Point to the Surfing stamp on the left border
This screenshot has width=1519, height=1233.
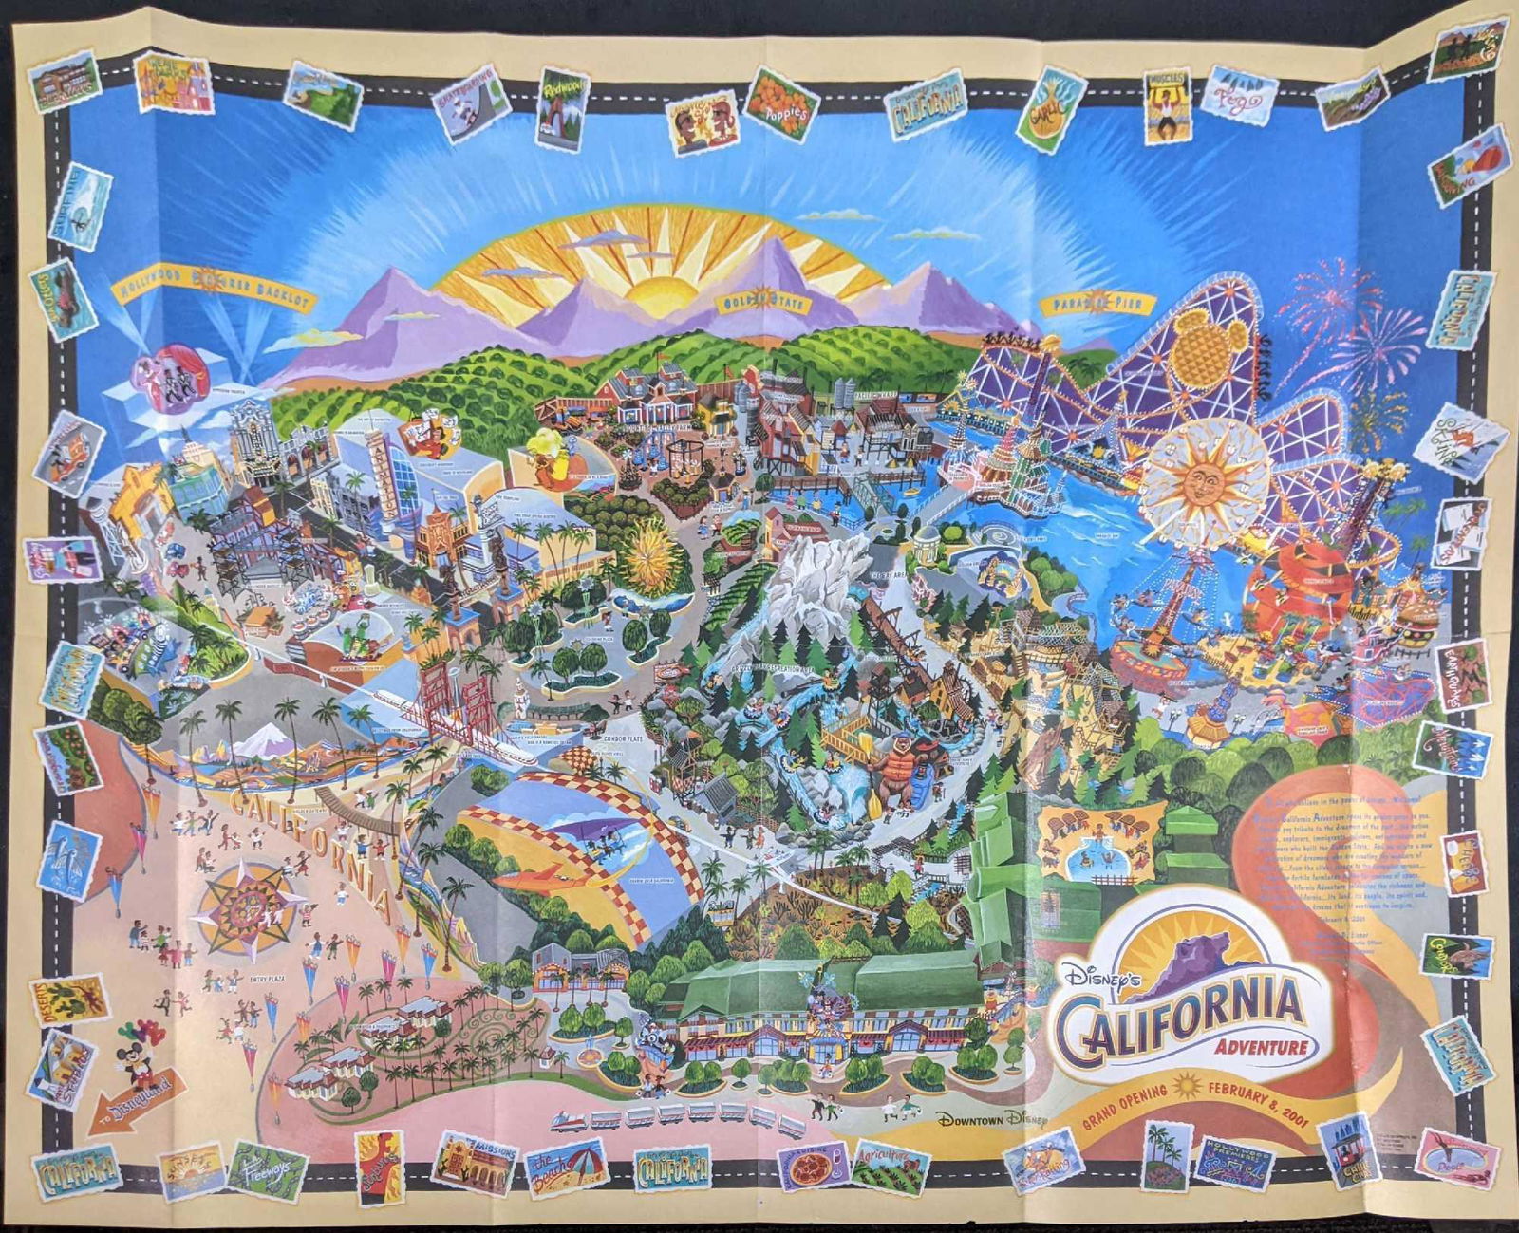point(81,206)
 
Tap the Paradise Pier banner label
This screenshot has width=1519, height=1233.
point(1097,305)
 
